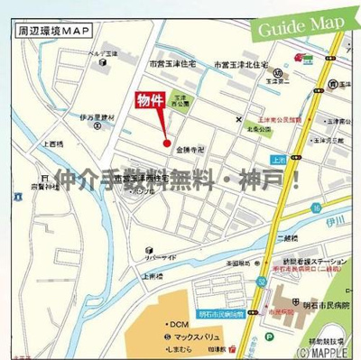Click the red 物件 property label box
[150, 102]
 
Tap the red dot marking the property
[166, 142]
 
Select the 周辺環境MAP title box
[53, 29]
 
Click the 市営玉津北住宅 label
[242, 65]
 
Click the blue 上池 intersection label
[277, 160]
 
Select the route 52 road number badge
[261, 282]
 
